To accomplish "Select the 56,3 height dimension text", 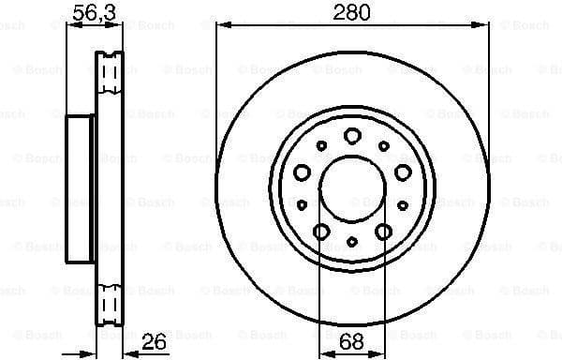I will pos(89,12).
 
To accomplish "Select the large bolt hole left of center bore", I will pos(302,172).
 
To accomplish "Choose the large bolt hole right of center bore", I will pos(402,172).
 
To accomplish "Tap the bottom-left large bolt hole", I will pos(320,232).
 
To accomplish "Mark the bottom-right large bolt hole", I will pos(383,232).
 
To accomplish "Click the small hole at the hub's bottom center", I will pos(352,241).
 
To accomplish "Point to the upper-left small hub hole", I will pos(321,145).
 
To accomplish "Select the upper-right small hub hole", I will pos(383,145).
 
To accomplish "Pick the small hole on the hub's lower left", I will pos(302,204).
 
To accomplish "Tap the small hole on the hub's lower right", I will pos(402,204).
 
